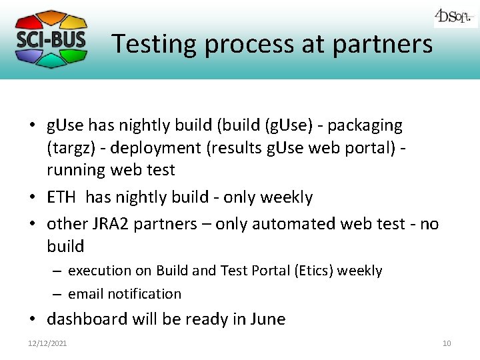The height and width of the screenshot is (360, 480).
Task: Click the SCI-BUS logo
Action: [51, 38]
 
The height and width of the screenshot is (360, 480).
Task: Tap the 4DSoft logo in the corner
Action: [455, 16]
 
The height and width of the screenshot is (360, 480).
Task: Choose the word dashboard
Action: [87, 319]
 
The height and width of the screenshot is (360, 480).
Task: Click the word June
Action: [267, 319]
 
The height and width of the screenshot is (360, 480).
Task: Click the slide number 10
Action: [446, 343]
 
